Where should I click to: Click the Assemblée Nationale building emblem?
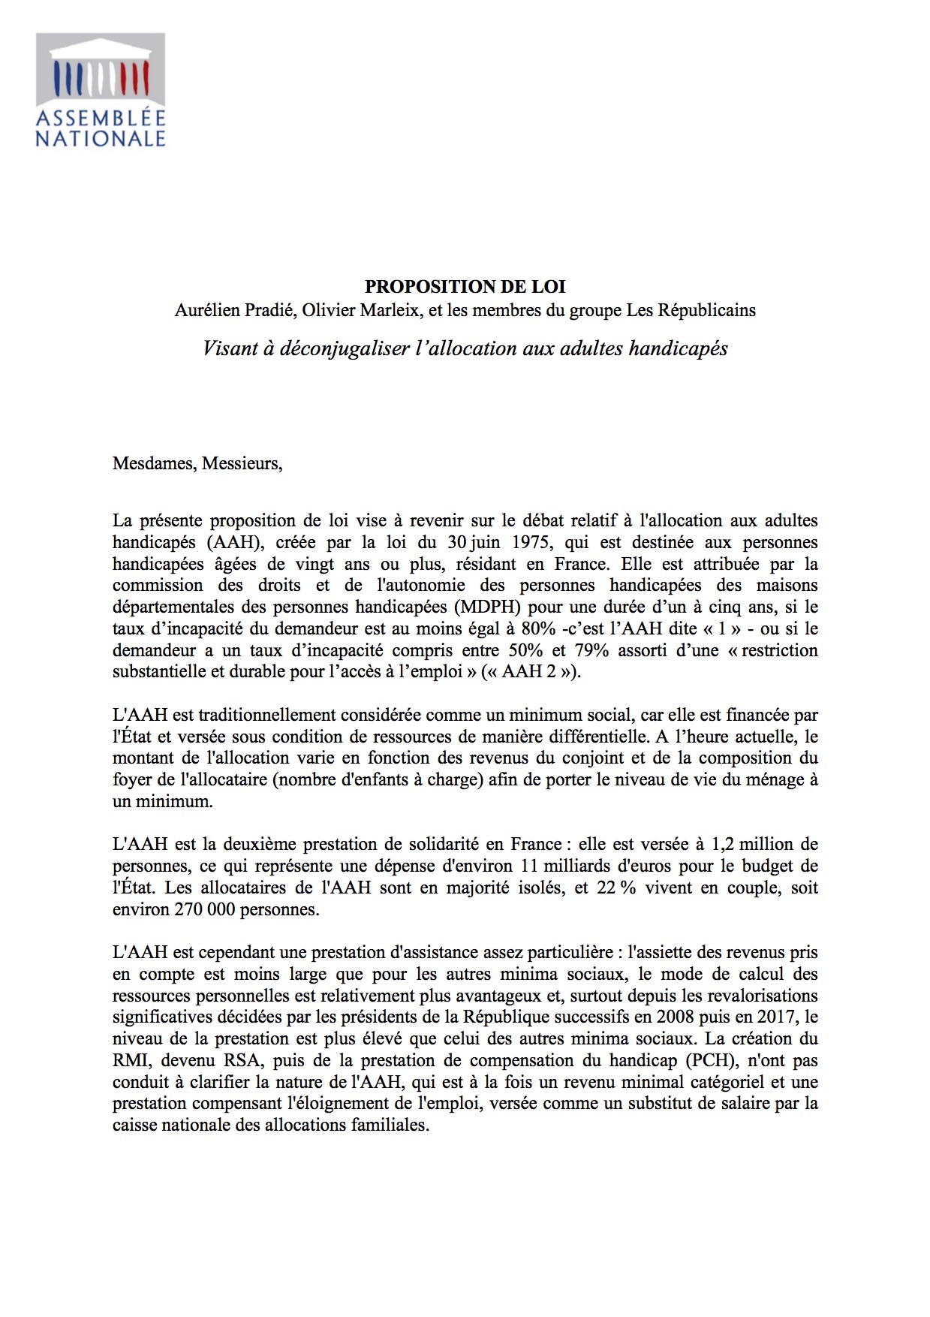click(x=101, y=70)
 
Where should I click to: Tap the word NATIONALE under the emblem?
click(x=101, y=138)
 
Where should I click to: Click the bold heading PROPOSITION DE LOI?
click(x=465, y=287)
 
